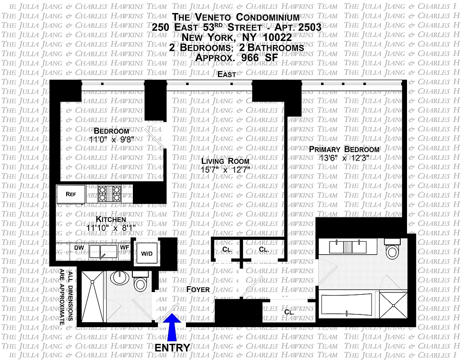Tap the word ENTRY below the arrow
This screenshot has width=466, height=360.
tap(172, 348)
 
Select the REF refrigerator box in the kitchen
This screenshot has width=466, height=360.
tap(71, 194)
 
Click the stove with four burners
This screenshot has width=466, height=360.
tap(110, 194)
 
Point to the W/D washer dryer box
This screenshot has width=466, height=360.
tap(147, 253)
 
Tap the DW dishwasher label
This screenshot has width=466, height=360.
tap(79, 247)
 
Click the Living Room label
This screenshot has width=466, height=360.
tap(225, 161)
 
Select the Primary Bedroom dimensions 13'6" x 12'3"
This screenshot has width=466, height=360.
tap(343, 158)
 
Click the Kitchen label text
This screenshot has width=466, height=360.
tap(111, 219)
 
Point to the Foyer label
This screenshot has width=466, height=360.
tap(198, 289)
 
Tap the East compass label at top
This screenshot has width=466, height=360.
tap(227, 75)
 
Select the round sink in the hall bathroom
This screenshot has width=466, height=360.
tap(120, 278)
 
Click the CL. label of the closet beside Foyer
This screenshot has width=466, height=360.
tap(290, 311)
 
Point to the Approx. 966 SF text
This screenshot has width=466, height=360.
tap(236, 57)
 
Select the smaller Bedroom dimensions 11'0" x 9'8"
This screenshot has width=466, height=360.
tap(111, 139)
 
